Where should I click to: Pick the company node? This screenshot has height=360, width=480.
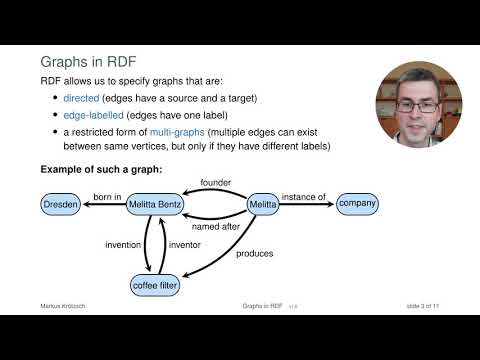pos(357,204)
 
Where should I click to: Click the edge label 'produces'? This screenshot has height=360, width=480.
pos(254,254)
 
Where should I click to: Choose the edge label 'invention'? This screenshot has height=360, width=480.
pos(123,245)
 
